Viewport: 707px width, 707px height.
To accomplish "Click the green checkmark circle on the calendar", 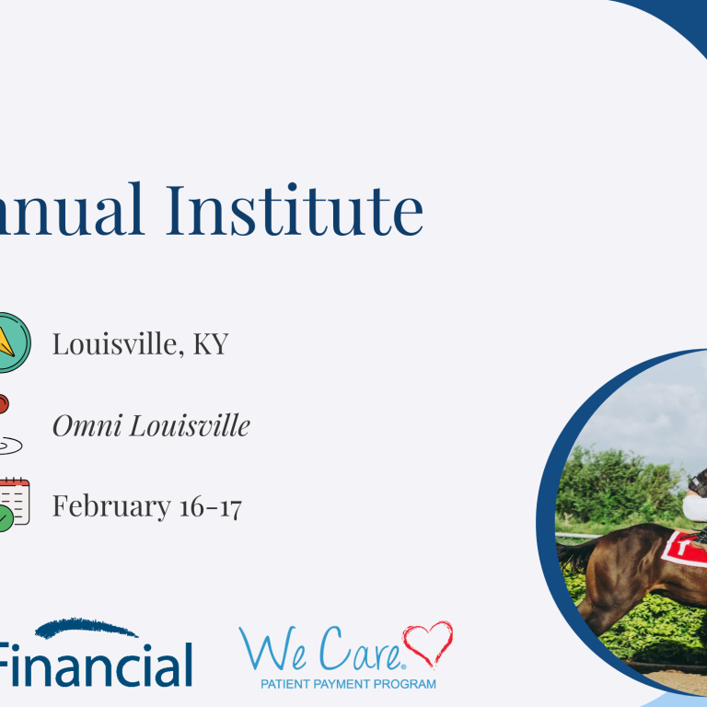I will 5,519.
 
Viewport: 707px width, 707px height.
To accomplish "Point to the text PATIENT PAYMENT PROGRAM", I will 348,684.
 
